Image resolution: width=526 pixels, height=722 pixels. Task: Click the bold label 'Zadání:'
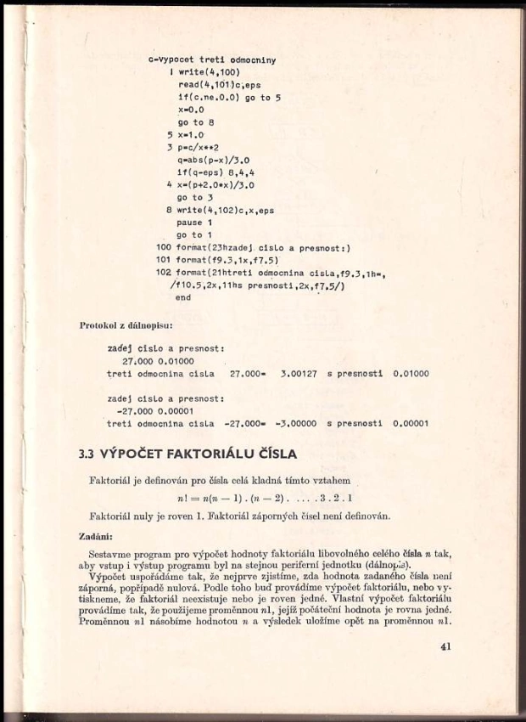[98, 535]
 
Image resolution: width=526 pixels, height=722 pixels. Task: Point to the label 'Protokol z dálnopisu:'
[126, 324]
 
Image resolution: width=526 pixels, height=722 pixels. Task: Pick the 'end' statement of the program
[182, 298]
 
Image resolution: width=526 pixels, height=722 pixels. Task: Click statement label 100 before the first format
[164, 247]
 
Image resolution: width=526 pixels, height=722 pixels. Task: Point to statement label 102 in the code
[164, 273]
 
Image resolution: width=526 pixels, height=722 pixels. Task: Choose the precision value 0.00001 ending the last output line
[411, 423]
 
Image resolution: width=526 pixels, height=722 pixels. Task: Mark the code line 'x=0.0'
[191, 110]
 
